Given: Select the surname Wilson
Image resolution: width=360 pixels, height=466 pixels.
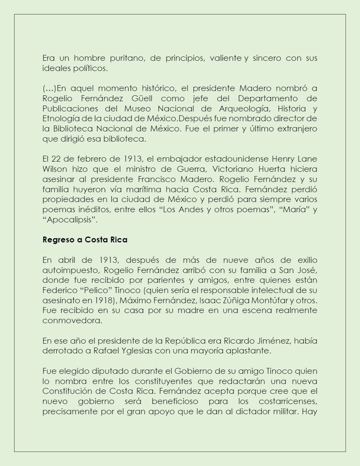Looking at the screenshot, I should (54, 169).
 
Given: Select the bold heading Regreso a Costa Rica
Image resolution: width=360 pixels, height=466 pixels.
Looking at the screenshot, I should (85, 240).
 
